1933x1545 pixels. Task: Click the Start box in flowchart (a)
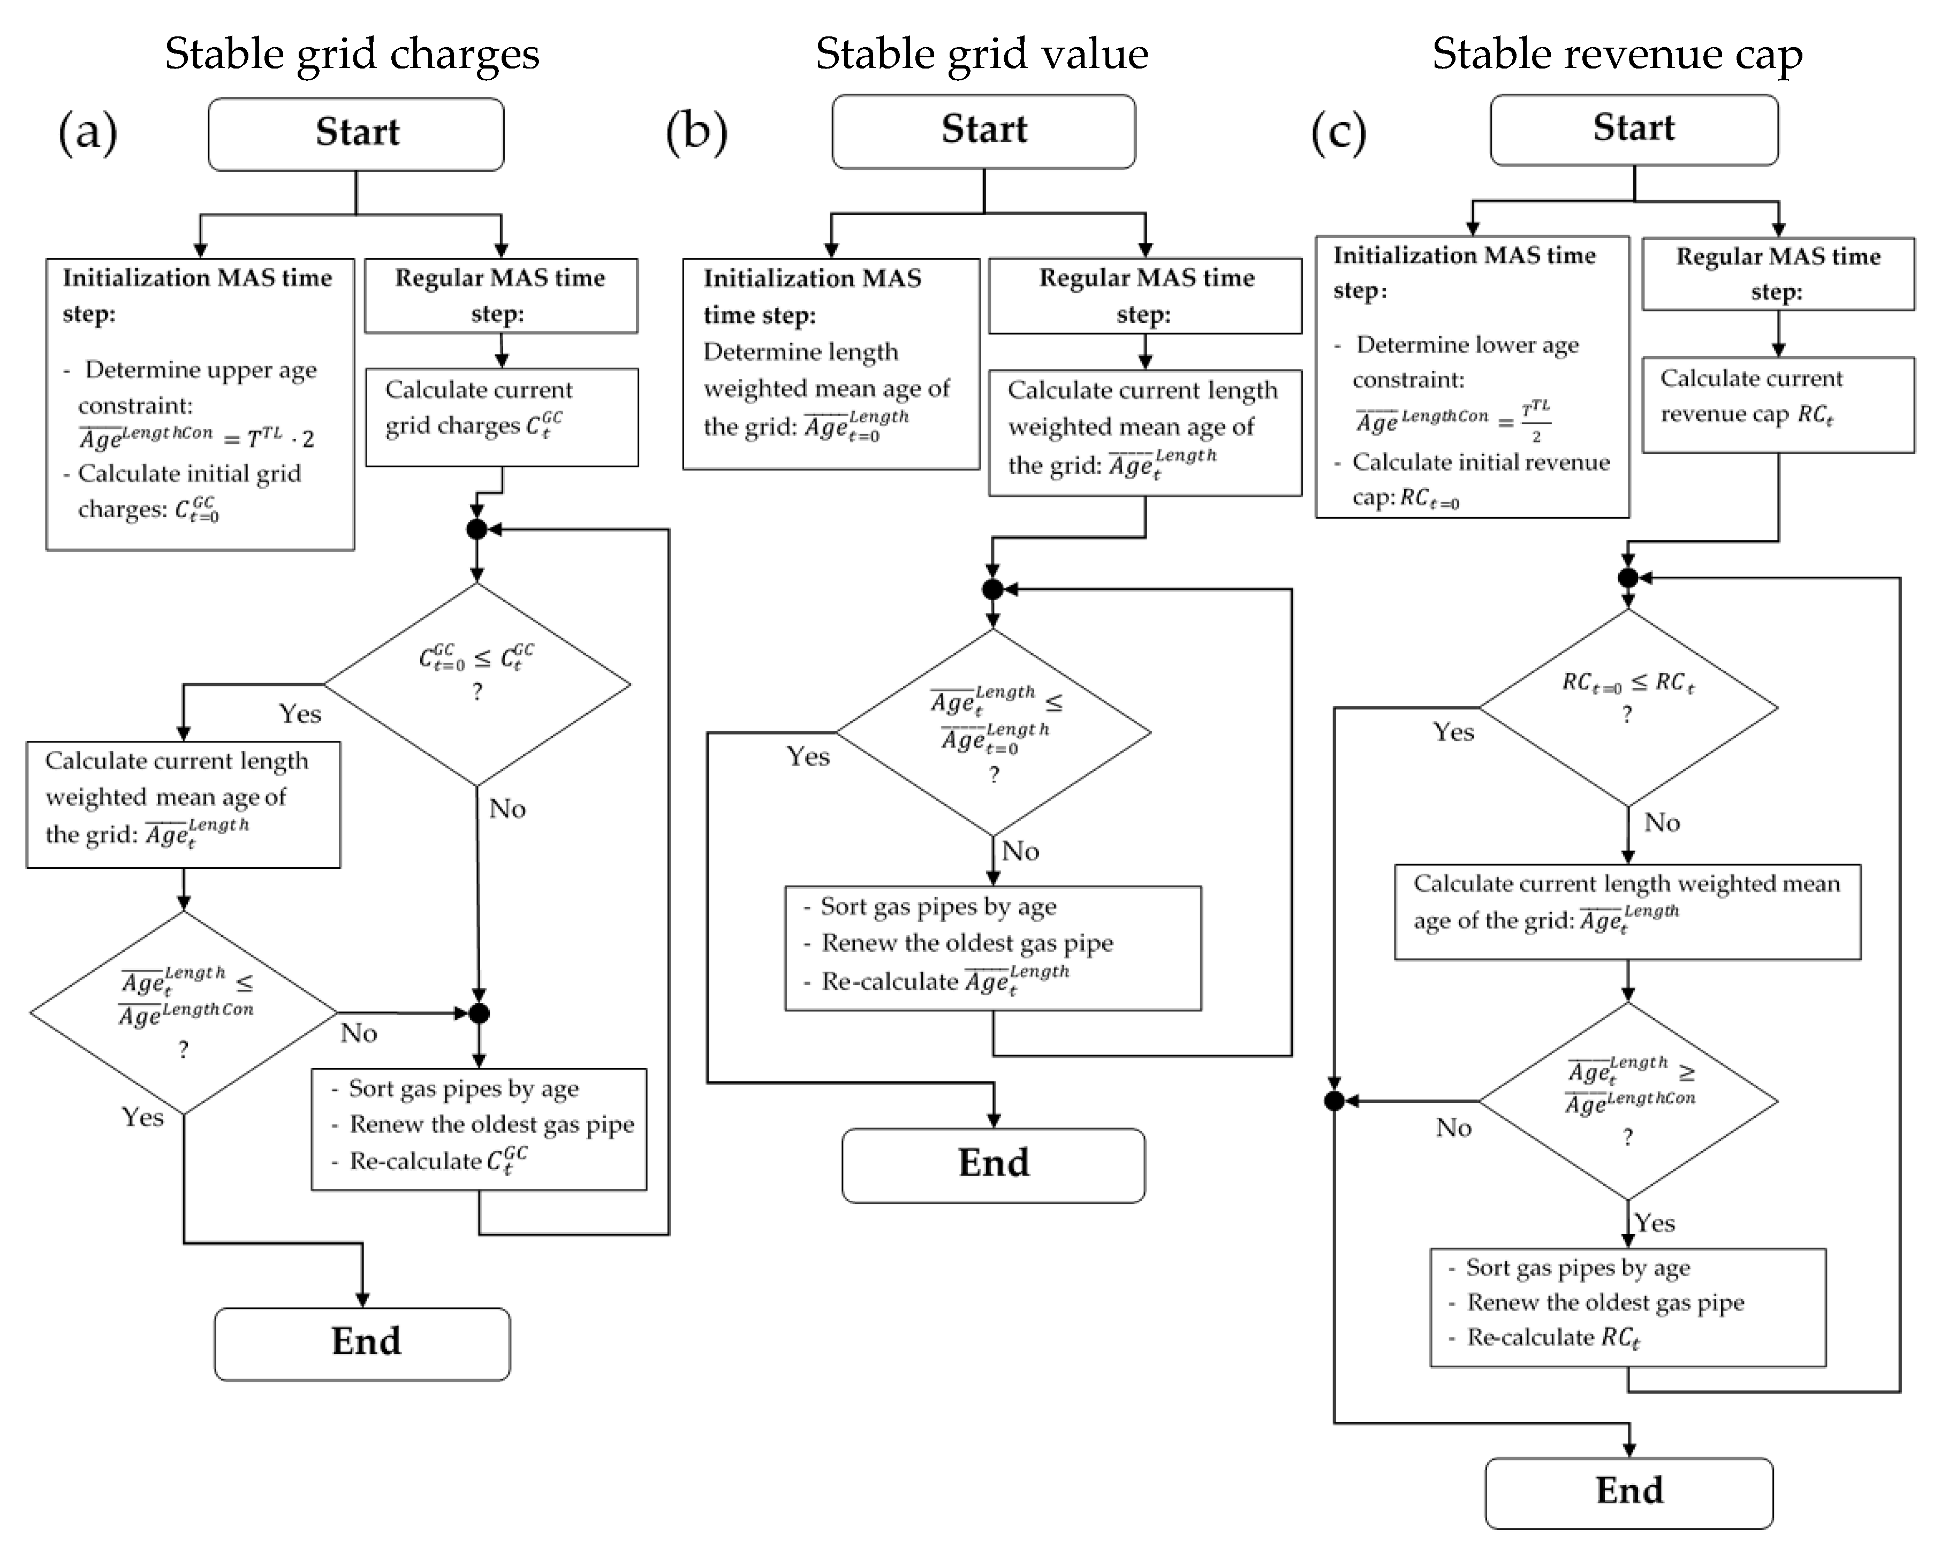click(x=356, y=134)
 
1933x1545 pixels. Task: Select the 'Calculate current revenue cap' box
click(x=1777, y=404)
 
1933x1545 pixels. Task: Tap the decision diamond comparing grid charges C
click(x=477, y=684)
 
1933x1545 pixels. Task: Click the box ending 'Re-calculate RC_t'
click(x=1627, y=1306)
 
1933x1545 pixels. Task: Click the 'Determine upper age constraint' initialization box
click(x=200, y=404)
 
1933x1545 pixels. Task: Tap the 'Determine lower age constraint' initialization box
click(x=1471, y=376)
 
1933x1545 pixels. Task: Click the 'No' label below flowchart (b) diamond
click(x=1020, y=851)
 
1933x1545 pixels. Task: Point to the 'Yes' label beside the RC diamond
click(x=1452, y=732)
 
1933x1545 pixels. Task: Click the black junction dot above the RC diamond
click(x=1627, y=578)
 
